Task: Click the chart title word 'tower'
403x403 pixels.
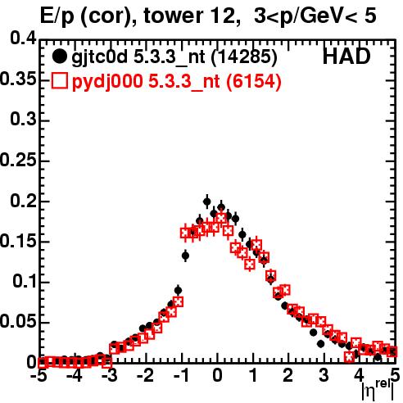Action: (x=174, y=16)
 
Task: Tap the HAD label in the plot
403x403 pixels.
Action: (x=346, y=57)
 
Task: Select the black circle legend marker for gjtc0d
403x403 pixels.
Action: (x=59, y=57)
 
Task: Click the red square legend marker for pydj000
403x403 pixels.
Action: (x=59, y=81)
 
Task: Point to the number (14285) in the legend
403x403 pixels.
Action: (x=244, y=57)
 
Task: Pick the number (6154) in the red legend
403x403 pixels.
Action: (x=254, y=81)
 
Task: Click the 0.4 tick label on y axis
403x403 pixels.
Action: (x=23, y=38)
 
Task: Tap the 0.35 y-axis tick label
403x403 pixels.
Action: (x=18, y=79)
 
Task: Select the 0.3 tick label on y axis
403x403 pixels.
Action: (x=23, y=120)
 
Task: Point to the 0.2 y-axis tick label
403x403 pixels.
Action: (x=23, y=201)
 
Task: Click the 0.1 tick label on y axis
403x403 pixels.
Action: (x=25, y=281)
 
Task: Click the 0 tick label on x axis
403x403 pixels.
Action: (x=217, y=375)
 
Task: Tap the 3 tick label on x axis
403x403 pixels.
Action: (x=324, y=375)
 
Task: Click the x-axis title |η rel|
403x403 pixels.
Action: (x=378, y=390)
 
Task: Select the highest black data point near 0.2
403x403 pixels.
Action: (x=207, y=201)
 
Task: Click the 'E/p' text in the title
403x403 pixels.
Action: (x=57, y=16)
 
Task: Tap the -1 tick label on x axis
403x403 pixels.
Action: (x=180, y=375)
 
